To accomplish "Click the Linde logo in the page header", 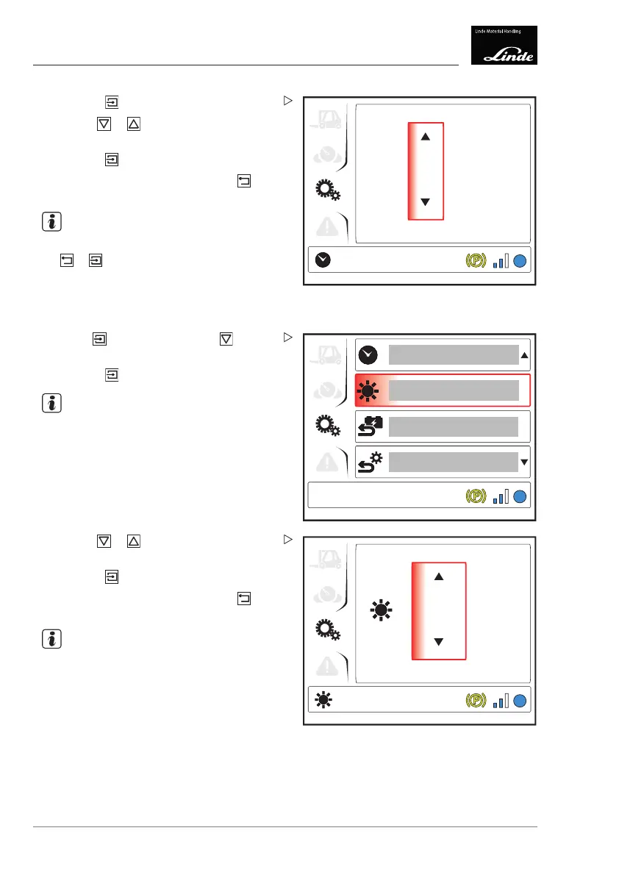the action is [x=504, y=46].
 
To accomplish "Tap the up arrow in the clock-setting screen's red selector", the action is [x=425, y=136].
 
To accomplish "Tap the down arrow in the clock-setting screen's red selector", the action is [x=425, y=201].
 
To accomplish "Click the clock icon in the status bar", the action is [x=323, y=260].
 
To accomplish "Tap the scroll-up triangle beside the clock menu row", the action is [x=524, y=355].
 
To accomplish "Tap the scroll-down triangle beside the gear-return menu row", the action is [x=524, y=462].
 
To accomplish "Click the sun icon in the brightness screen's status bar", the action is [x=323, y=701].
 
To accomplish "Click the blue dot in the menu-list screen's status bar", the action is [x=520, y=496].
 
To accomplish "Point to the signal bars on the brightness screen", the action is [x=501, y=701].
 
